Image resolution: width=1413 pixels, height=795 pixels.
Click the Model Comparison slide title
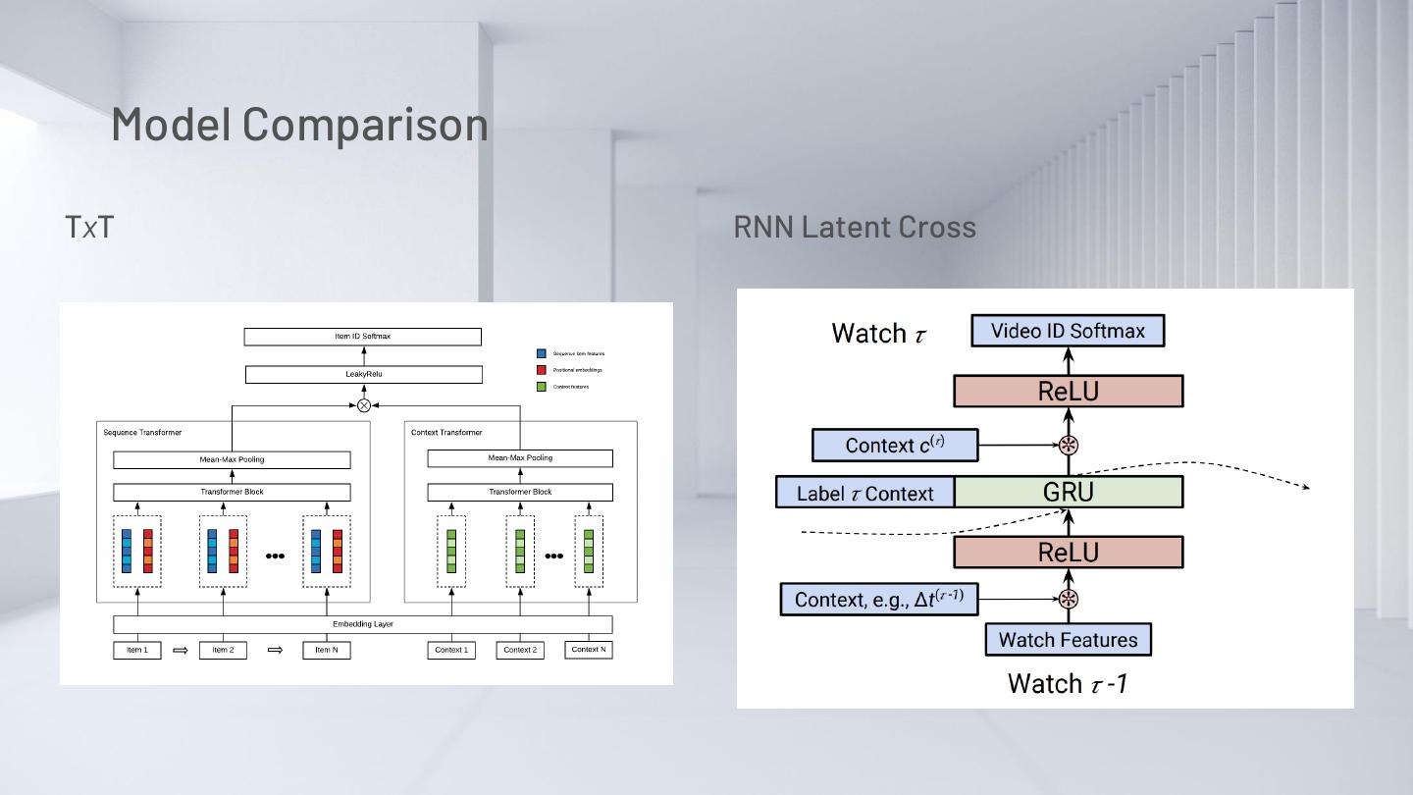tap(299, 124)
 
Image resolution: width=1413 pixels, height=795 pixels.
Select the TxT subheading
tap(89, 227)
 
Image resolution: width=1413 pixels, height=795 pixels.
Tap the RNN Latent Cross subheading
tap(855, 227)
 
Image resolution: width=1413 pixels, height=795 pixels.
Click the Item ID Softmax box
tap(362, 337)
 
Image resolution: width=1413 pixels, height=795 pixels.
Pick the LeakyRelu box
tap(363, 374)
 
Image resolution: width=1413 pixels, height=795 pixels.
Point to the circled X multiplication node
tap(364, 405)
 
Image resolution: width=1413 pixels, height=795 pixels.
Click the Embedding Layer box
tap(363, 624)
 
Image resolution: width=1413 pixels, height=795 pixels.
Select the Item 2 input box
tap(223, 650)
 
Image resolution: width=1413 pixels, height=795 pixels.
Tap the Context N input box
tap(589, 650)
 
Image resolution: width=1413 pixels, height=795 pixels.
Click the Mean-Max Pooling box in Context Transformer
tap(520, 458)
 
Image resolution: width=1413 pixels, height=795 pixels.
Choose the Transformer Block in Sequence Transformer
tap(232, 492)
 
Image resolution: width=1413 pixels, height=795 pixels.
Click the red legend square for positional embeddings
tap(541, 370)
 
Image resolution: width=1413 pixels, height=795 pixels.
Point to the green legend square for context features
tap(541, 387)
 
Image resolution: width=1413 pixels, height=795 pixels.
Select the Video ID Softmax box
tap(1068, 331)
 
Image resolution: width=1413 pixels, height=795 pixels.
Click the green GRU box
tap(1069, 492)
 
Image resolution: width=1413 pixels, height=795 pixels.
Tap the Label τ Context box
tap(864, 493)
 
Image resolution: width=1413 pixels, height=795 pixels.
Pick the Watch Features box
tap(1068, 640)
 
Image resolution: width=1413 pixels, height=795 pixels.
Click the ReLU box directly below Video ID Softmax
tap(1069, 392)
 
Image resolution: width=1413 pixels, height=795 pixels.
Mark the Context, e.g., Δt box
tap(879, 599)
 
